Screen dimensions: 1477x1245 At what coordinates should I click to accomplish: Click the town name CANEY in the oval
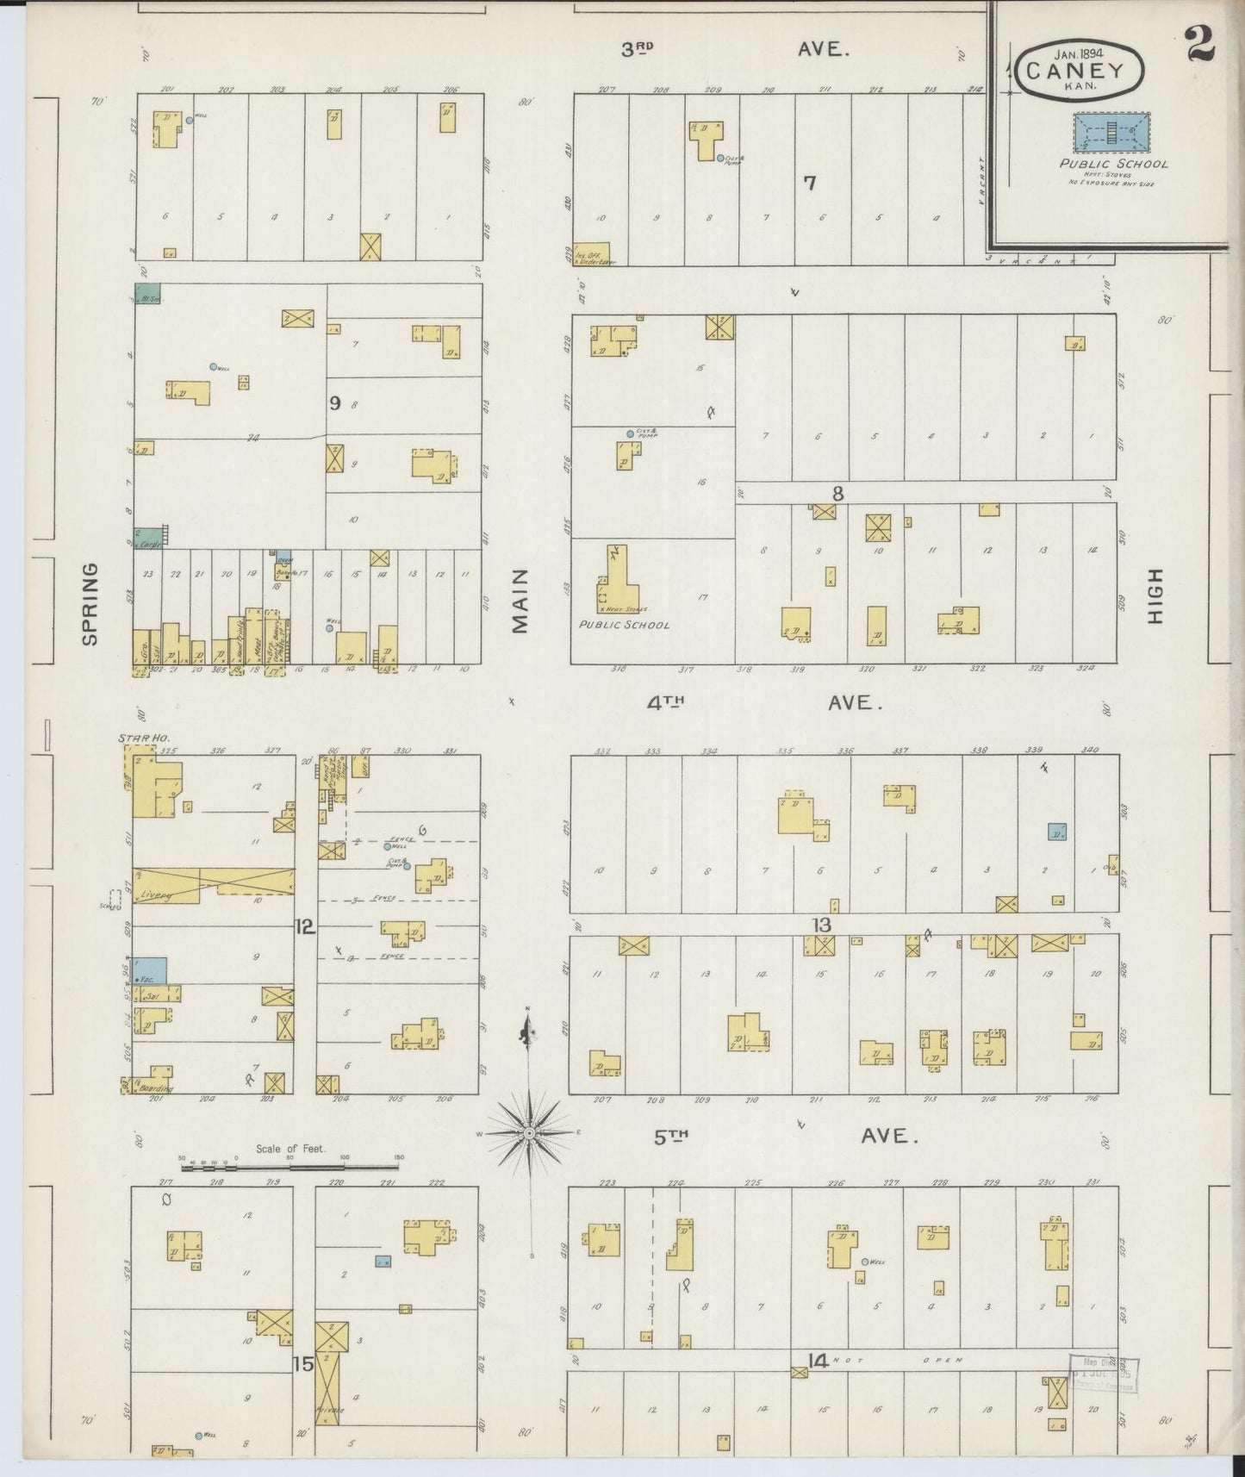tap(1081, 72)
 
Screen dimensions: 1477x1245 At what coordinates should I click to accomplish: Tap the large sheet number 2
tap(1199, 44)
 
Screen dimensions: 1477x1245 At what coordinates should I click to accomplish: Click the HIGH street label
tap(1155, 596)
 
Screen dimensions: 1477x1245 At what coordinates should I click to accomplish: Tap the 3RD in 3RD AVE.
tap(638, 49)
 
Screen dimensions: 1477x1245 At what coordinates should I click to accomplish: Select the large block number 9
tap(334, 402)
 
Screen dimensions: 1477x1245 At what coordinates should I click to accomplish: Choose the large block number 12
tap(305, 927)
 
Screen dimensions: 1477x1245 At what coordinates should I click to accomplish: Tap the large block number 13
tap(821, 925)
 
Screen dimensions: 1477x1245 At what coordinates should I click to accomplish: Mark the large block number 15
tap(302, 1365)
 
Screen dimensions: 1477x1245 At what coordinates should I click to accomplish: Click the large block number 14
tap(817, 1362)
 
